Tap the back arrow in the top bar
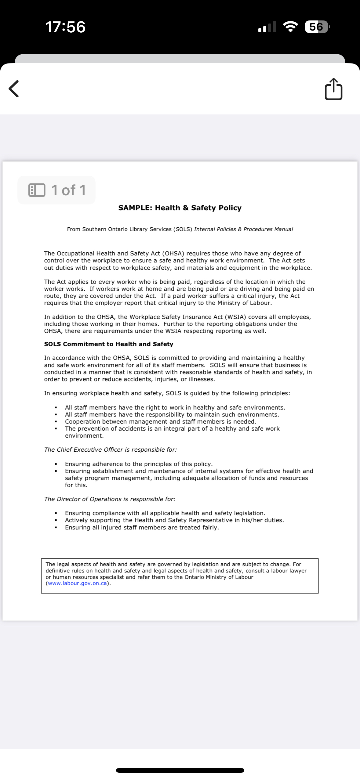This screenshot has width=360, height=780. click(14, 89)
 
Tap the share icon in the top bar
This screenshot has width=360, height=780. click(333, 89)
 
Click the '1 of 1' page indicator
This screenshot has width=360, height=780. click(57, 190)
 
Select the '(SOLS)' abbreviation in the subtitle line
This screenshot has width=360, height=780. click(183, 229)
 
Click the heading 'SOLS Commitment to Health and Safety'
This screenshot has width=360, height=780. click(109, 344)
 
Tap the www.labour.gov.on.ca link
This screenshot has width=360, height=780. click(78, 583)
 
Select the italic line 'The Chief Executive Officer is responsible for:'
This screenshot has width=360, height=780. click(111, 450)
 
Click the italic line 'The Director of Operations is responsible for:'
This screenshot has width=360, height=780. click(110, 499)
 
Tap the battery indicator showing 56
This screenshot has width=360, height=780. click(317, 27)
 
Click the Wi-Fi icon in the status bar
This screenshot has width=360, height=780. click(291, 27)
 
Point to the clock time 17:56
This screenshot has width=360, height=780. click(65, 27)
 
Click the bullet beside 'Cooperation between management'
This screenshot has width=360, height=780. click(56, 422)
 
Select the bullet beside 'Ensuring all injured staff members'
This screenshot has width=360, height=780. click(56, 528)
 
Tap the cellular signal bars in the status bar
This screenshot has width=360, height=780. click(267, 27)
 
